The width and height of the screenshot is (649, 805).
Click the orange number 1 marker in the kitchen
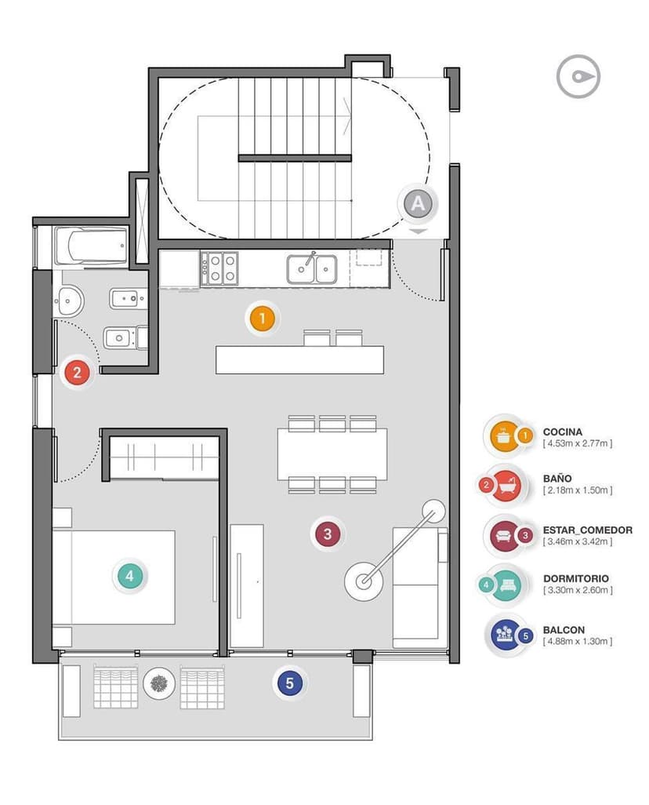tap(263, 319)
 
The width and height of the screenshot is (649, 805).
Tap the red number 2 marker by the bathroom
tap(77, 372)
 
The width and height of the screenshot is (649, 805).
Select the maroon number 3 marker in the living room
tap(328, 534)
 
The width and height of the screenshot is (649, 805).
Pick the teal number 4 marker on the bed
tap(130, 575)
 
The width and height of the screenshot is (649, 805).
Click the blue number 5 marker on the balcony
tap(289, 683)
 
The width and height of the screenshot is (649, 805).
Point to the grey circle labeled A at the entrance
tap(418, 204)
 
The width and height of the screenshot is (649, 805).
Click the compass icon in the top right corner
tap(578, 76)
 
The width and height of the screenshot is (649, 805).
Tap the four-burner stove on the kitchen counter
tap(219, 268)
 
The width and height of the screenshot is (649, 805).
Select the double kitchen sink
tap(312, 268)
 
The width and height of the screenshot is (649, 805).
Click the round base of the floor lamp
tap(363, 582)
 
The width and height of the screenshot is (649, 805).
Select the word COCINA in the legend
tap(562, 432)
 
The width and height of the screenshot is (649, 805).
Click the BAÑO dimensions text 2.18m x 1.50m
tap(577, 490)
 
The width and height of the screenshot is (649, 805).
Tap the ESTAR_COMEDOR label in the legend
tap(587, 530)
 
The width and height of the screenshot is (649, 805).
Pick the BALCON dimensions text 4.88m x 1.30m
tap(577, 641)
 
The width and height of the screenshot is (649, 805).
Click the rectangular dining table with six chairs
tap(332, 453)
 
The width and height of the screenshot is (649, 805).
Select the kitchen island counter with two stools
tap(300, 359)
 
